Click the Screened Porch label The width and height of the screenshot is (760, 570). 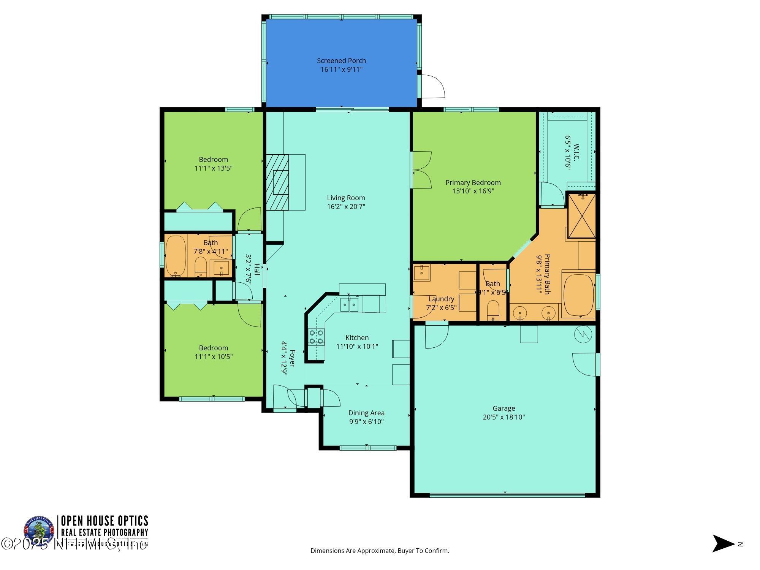341,60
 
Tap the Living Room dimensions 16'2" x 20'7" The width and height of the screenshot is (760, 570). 346,207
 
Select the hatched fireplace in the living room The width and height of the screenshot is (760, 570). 277,182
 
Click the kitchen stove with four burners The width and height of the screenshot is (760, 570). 316,337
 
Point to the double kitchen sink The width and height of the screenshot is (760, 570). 349,305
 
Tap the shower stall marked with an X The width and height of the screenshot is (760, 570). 581,216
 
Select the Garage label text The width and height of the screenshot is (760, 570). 504,408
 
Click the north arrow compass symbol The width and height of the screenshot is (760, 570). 723,544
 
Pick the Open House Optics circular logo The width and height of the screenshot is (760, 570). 39,530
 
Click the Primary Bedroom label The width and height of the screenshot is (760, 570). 473,183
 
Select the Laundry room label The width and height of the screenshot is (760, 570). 441,299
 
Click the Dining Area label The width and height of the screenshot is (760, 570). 366,413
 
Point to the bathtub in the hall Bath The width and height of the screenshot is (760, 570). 176,255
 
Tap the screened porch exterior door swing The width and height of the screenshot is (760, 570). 432,86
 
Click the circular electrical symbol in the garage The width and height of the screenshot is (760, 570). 583,334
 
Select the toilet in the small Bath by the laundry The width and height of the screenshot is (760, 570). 493,309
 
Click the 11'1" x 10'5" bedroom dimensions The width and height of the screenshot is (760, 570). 214,357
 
